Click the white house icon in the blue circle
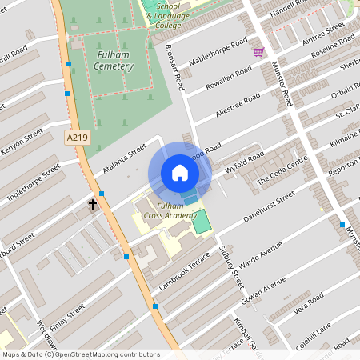(x=180, y=173)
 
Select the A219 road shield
(x=77, y=138)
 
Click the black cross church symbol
(x=93, y=206)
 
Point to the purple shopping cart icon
(x=258, y=52)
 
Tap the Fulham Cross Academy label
(x=170, y=211)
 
